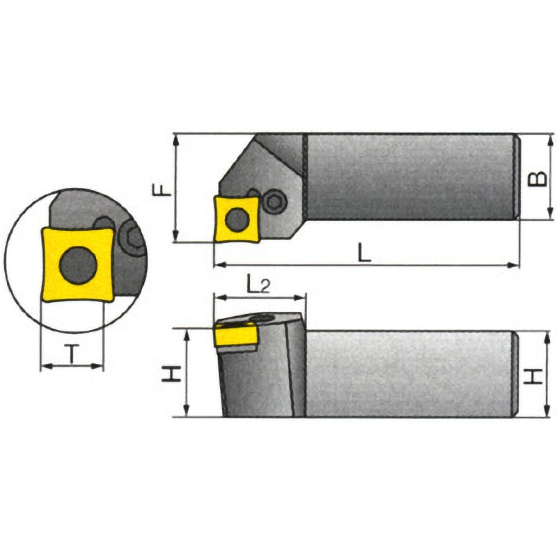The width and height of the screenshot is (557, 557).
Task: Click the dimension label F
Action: pos(162,189)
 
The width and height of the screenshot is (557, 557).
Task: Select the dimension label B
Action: pos(538,179)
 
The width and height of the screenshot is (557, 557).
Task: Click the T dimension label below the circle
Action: pos(72,354)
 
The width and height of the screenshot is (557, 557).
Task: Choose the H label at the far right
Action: pos(533,376)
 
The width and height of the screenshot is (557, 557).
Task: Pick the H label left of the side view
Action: pos(171,374)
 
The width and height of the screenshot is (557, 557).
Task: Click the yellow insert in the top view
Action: pos(237,219)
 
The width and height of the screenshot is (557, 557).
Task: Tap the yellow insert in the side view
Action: pos(235,334)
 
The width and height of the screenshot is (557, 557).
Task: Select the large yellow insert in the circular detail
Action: pos(78,265)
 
